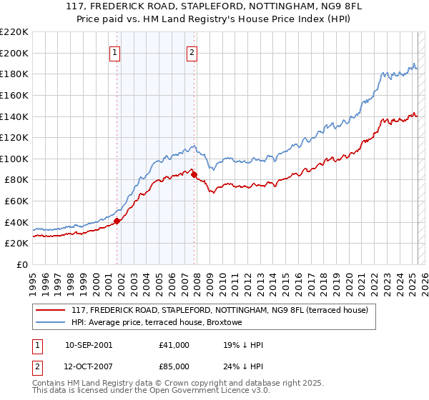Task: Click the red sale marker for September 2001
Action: click(x=117, y=221)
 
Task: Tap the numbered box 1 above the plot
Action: click(x=115, y=51)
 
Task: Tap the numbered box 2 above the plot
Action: click(x=192, y=51)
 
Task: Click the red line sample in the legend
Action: click(x=51, y=310)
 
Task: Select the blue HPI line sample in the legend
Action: click(x=51, y=323)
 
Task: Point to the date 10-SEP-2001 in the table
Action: click(x=88, y=345)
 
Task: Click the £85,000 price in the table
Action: click(x=174, y=368)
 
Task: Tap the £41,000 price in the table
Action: click(x=174, y=345)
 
